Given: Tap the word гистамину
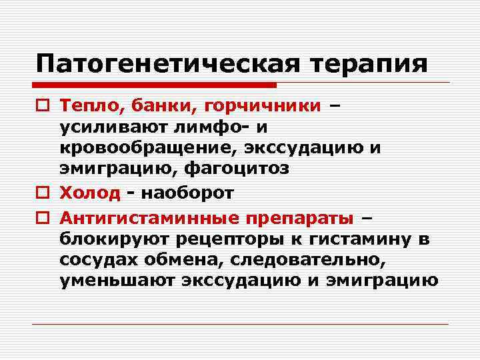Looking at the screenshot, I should [x=361, y=239].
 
